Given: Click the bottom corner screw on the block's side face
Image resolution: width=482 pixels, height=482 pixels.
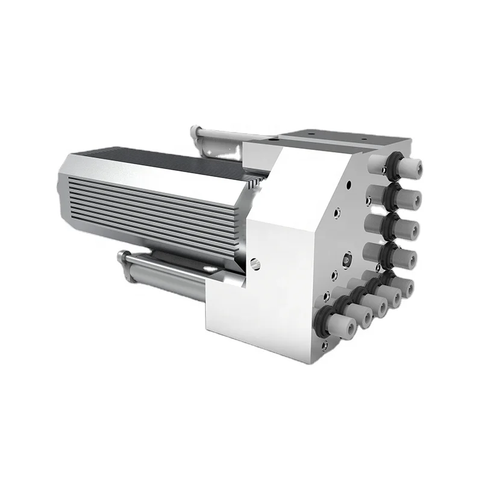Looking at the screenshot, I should [x=325, y=345].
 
